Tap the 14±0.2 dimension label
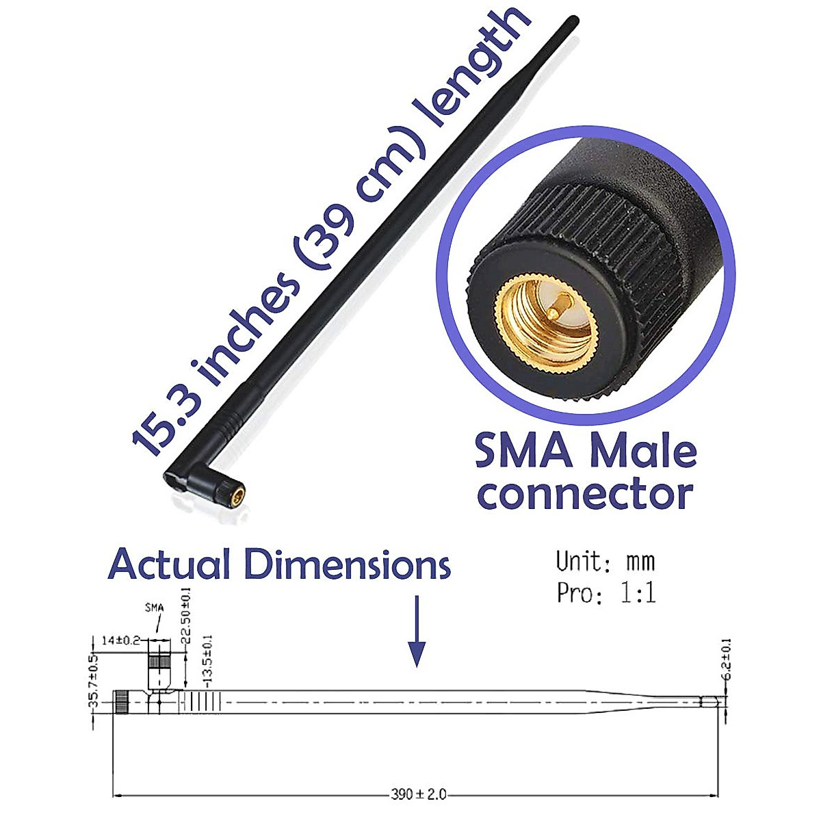click(120, 640)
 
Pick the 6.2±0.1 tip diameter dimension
click(727, 660)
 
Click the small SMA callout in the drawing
click(155, 607)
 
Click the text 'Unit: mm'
click(605, 562)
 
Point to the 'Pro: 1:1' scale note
click(606, 592)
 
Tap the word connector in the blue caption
click(585, 494)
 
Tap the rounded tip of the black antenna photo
click(573, 21)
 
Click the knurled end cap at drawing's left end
click(121, 702)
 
